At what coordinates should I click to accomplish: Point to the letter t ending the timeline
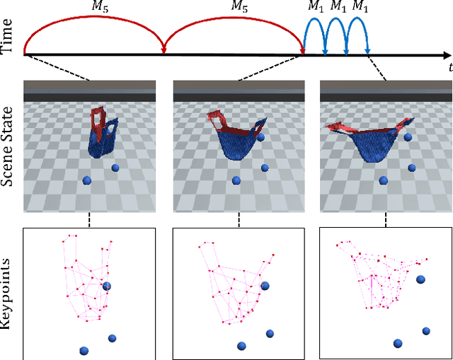[449, 68]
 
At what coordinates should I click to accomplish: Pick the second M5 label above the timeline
[241, 6]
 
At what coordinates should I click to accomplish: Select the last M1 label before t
[360, 6]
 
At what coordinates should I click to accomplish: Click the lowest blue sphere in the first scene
[86, 181]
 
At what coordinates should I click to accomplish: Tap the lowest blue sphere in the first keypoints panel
[84, 350]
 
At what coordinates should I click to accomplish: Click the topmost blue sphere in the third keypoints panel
[420, 280]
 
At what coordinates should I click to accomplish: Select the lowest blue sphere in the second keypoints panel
[241, 346]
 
